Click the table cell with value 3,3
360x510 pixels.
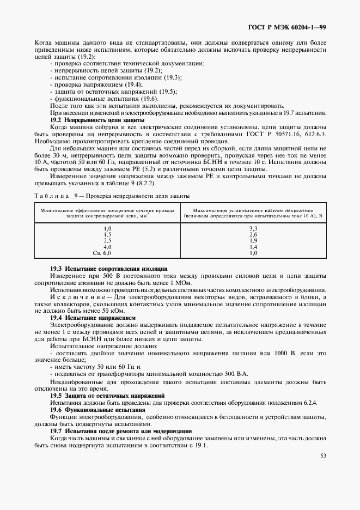pyautogui.click(x=253, y=228)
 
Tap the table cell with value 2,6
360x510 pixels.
pyautogui.click(x=253, y=234)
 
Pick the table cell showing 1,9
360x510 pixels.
pyautogui.click(x=253, y=240)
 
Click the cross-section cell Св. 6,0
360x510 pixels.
pyautogui.click(x=102, y=253)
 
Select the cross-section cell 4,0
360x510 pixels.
pyautogui.click(x=107, y=247)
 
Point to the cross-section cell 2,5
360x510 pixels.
pyautogui.click(x=107, y=240)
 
